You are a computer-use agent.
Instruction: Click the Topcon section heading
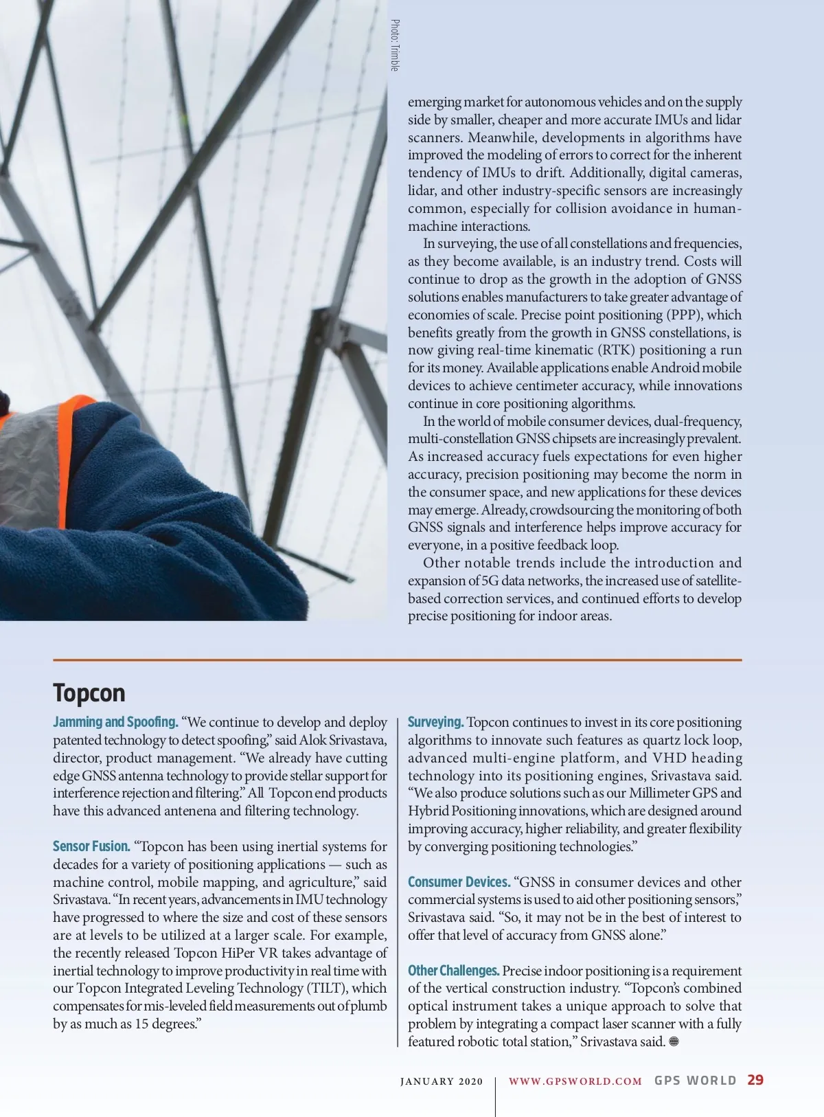click(89, 692)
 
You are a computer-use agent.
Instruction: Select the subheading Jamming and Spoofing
click(115, 722)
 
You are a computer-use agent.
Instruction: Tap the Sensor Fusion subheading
click(91, 846)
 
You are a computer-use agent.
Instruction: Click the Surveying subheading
click(435, 722)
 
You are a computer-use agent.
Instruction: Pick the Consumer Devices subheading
click(459, 882)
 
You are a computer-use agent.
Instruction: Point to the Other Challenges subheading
click(453, 971)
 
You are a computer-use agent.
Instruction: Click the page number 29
click(755, 1080)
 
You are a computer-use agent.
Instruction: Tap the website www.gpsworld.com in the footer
click(575, 1081)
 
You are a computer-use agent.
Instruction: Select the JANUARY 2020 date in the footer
click(442, 1081)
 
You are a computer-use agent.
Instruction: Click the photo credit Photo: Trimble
click(395, 45)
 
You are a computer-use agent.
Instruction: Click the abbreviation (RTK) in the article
click(617, 350)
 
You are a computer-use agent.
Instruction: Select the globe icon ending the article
click(674, 1041)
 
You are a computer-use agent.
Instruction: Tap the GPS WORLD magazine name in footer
click(695, 1081)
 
